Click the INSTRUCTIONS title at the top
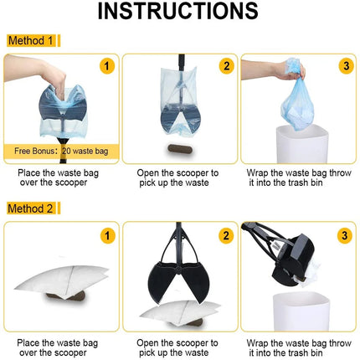click(x=177, y=11)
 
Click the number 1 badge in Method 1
click(x=107, y=66)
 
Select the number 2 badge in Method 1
click(x=226, y=66)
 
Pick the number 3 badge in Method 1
click(x=346, y=66)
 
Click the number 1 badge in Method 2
click(x=107, y=236)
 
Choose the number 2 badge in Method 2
click(x=226, y=236)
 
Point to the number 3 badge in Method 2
click(x=345, y=236)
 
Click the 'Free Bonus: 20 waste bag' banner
click(x=61, y=152)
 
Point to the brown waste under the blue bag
click(x=180, y=149)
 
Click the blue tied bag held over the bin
click(x=296, y=100)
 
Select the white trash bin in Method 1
click(x=302, y=144)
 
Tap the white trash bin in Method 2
click(x=301, y=311)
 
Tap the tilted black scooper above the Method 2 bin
click(x=285, y=254)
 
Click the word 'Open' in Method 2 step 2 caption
click(x=147, y=343)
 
